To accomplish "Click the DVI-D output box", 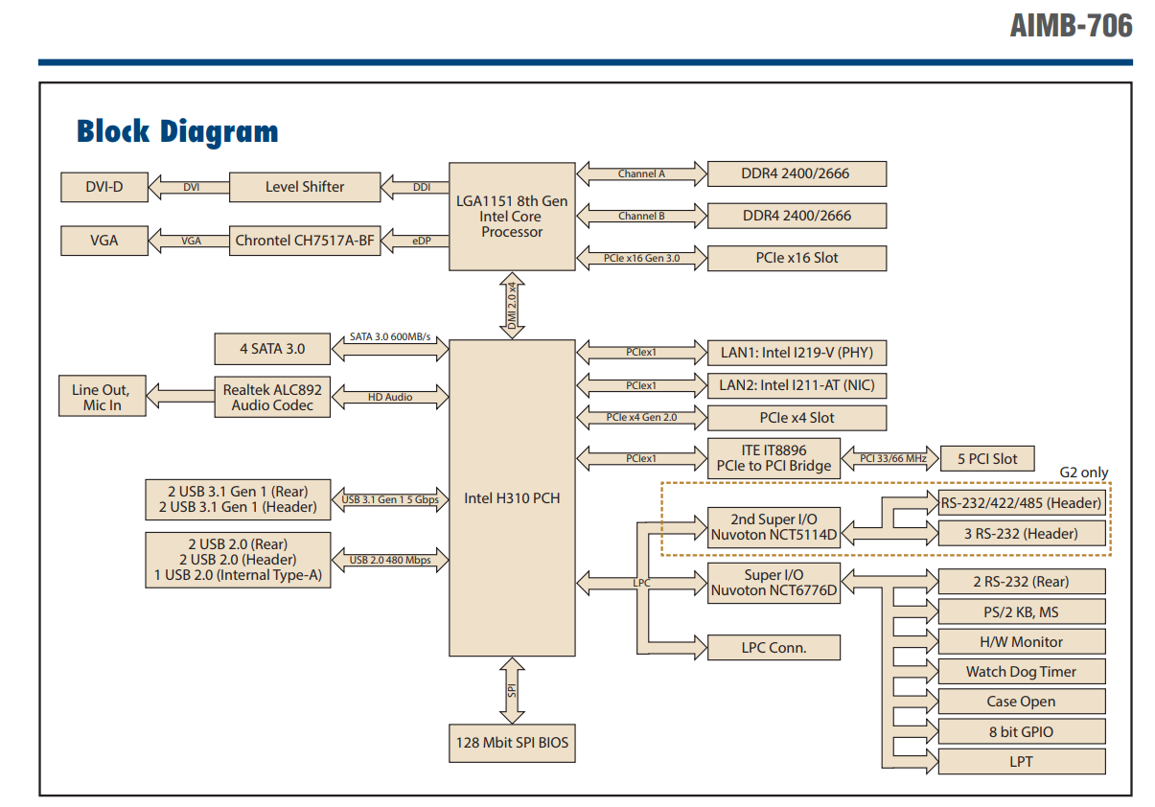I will click(x=104, y=187).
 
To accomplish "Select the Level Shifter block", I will click(x=305, y=187).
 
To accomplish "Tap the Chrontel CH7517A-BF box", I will click(x=305, y=241).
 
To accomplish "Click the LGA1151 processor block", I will click(x=512, y=217).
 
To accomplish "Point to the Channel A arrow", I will click(x=641, y=174).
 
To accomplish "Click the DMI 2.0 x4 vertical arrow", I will click(x=512, y=306).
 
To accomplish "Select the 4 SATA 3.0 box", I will click(x=272, y=349).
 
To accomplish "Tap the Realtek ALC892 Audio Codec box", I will click(x=272, y=397).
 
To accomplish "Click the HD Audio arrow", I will click(x=390, y=397).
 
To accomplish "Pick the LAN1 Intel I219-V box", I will click(x=797, y=353).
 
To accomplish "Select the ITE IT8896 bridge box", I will click(x=773, y=459).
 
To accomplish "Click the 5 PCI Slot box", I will click(x=987, y=459).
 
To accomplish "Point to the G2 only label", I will click(x=1083, y=473).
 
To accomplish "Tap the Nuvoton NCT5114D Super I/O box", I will click(x=774, y=528).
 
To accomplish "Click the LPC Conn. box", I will click(x=774, y=648).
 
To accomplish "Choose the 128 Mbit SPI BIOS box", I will click(x=512, y=743).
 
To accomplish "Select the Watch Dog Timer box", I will click(x=1021, y=672).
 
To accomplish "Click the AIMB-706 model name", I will click(x=1071, y=26).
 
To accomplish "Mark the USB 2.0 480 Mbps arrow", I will click(x=390, y=560).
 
